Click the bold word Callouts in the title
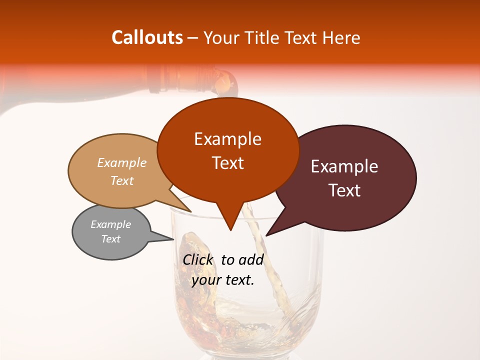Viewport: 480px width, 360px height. tap(147, 37)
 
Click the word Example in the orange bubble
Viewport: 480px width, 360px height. tap(227, 139)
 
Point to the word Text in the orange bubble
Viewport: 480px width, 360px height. tap(227, 163)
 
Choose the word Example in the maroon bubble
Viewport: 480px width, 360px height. tap(344, 166)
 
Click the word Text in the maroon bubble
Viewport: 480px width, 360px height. tap(344, 190)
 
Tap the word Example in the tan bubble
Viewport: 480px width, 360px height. tap(122, 162)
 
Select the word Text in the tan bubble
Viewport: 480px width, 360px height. tap(122, 180)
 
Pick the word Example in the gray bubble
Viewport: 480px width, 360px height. tap(111, 224)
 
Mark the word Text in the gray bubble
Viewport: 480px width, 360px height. tap(111, 239)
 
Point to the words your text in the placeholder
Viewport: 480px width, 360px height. tap(223, 280)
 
